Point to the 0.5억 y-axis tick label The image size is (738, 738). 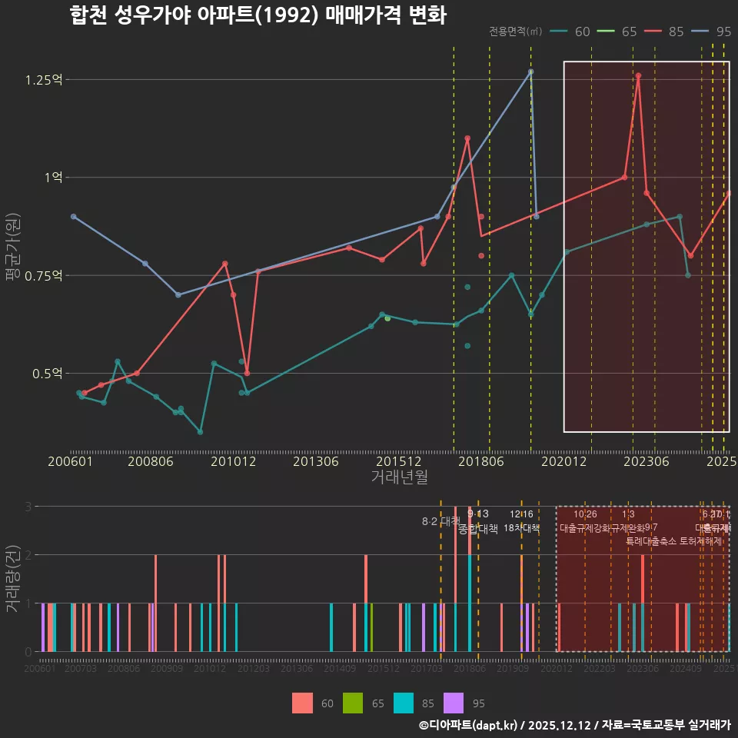click(48, 374)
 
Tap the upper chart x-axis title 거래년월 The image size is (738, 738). click(399, 477)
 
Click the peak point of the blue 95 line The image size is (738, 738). click(530, 71)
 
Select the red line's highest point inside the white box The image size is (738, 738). click(638, 75)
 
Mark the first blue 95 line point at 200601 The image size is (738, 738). click(73, 216)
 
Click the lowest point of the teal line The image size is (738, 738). click(200, 432)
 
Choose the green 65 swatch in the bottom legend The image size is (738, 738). click(353, 703)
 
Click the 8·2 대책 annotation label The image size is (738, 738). click(440, 521)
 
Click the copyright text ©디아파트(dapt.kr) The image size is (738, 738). click(470, 725)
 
